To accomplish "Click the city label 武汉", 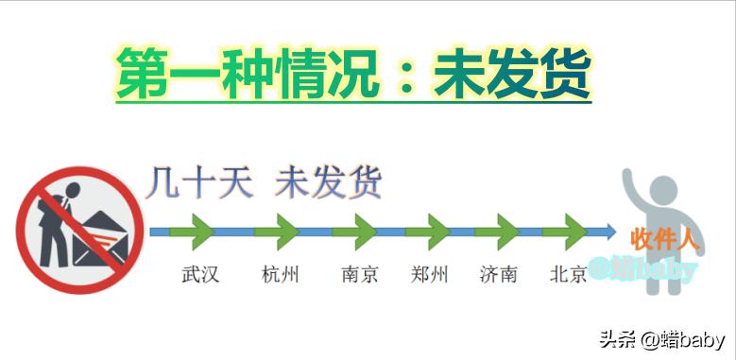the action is [200, 275].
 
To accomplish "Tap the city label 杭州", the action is [281, 275].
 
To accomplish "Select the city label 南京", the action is [360, 275].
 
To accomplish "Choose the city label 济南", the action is [498, 275].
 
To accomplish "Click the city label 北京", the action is [568, 275].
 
